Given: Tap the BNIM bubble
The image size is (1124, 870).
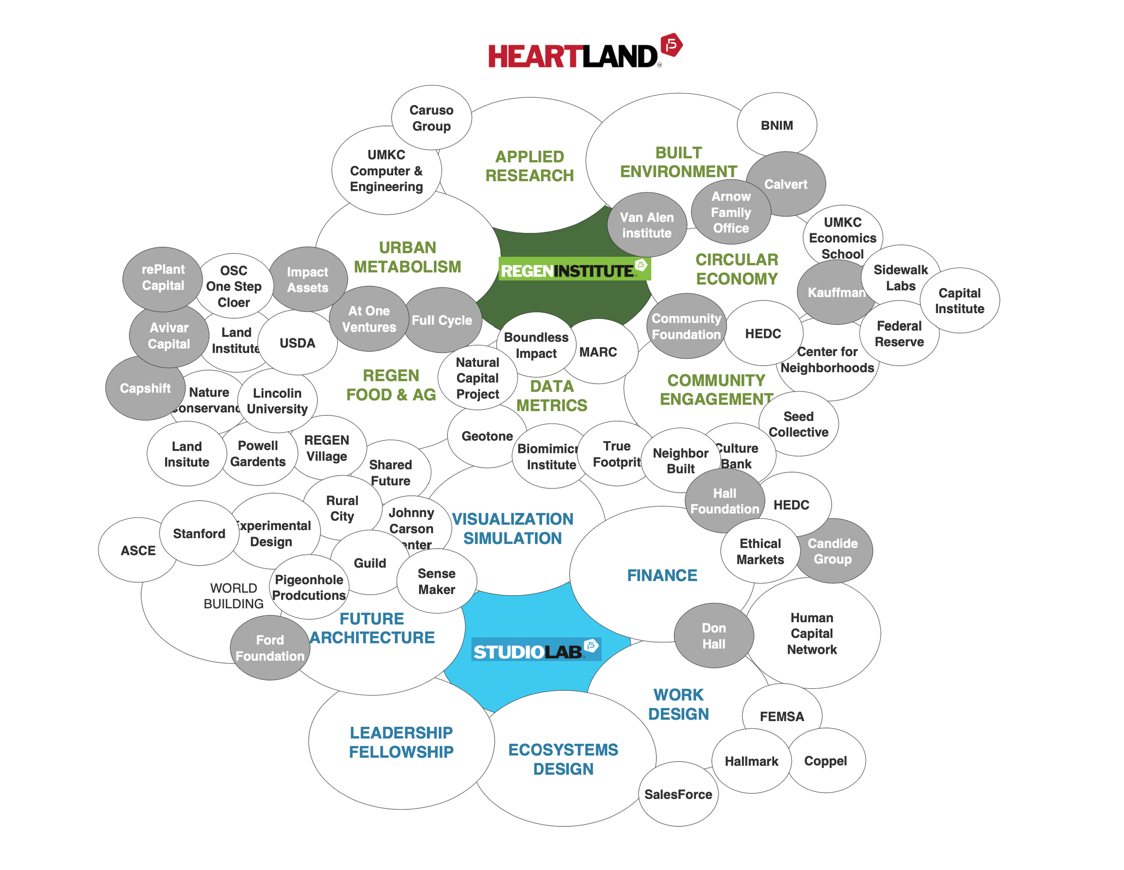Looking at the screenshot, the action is pyautogui.click(x=776, y=125).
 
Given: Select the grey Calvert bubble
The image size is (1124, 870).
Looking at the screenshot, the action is pyautogui.click(x=785, y=184).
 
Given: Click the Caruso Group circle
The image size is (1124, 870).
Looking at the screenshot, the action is pyautogui.click(x=431, y=118).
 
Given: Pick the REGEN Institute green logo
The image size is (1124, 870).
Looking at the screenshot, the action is pyautogui.click(x=574, y=269).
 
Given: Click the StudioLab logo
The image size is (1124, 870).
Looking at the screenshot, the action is pyautogui.click(x=536, y=650).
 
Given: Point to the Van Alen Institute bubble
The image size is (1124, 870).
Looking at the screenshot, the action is pyautogui.click(x=647, y=225).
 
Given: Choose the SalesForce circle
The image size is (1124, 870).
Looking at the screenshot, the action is pyautogui.click(x=678, y=794).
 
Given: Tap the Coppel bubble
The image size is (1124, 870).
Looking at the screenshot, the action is pyautogui.click(x=825, y=760).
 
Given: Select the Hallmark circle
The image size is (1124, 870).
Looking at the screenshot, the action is pyautogui.click(x=751, y=761).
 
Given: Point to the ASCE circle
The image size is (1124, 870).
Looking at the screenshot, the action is pyautogui.click(x=138, y=550).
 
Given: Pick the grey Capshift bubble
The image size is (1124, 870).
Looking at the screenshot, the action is pyautogui.click(x=145, y=388).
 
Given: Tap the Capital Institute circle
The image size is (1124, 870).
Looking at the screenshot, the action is pyautogui.click(x=959, y=301).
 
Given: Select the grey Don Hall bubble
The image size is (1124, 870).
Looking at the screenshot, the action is pyautogui.click(x=714, y=636).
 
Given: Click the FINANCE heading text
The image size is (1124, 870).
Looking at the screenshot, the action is pyautogui.click(x=662, y=575).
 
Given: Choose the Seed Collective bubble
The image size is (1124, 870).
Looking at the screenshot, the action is pyautogui.click(x=798, y=424).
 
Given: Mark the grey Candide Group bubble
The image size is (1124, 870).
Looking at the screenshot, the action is pyautogui.click(x=833, y=551).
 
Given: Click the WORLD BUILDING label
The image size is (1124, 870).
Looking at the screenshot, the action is pyautogui.click(x=233, y=596).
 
